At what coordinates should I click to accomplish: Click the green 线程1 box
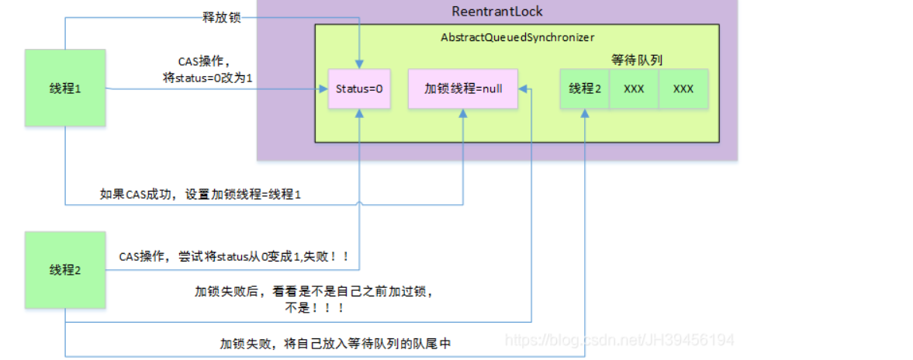tap(64, 88)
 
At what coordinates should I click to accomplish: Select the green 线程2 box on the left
tap(64, 270)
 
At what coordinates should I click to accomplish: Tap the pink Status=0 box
tap(359, 88)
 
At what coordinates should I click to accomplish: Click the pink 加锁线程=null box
tap(463, 88)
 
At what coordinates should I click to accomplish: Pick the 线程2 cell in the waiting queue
tap(585, 88)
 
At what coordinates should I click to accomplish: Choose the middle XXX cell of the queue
tap(634, 88)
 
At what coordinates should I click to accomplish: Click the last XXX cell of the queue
tap(683, 88)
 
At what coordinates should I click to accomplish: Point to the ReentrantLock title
tap(497, 12)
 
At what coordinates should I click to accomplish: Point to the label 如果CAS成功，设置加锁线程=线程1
tap(200, 195)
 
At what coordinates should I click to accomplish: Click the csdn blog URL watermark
tap(619, 340)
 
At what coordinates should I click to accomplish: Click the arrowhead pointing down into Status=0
tap(359, 64)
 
